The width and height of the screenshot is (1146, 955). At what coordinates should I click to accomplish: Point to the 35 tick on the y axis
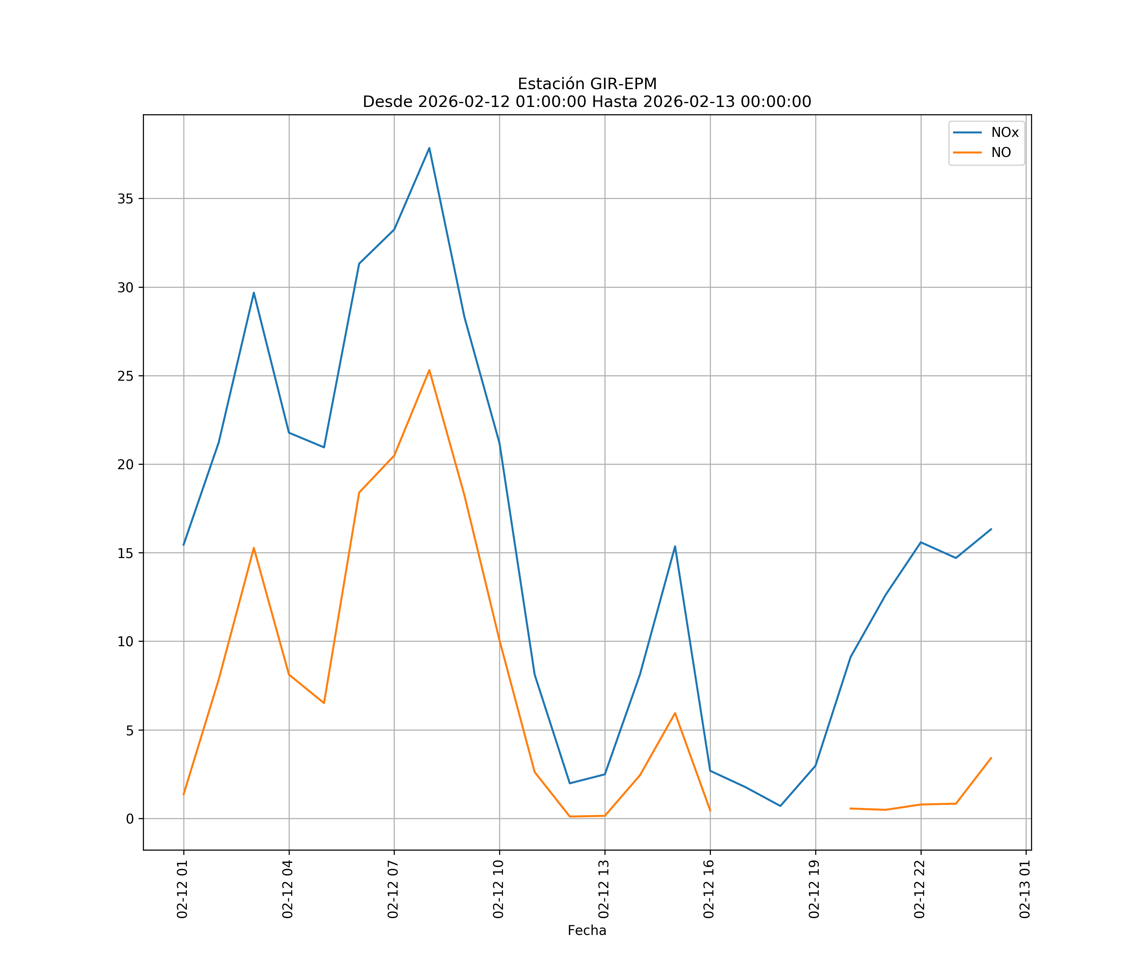coord(125,199)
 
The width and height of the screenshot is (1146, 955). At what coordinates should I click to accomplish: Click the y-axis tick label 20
coord(125,464)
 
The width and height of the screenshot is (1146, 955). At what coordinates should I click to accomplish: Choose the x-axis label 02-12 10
coord(498,889)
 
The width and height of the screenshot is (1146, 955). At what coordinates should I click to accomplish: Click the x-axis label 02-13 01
coord(1025,889)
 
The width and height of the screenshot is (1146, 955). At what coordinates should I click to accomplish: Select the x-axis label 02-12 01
coord(182,889)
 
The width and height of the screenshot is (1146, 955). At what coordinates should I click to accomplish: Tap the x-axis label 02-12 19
coord(814,889)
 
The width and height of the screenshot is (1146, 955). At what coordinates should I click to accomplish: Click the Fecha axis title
coord(587,930)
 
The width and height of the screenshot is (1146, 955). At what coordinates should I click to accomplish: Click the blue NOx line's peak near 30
coord(254,293)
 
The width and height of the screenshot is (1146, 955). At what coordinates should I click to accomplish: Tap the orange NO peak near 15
coord(254,548)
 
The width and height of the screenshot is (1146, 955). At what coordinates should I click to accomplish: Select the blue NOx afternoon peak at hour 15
coord(675,546)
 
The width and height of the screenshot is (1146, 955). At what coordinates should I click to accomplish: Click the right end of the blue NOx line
coord(991,529)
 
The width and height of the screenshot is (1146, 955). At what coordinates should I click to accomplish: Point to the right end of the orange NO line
coord(991,758)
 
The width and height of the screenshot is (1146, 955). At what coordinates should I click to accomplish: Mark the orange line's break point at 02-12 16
coord(710,811)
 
